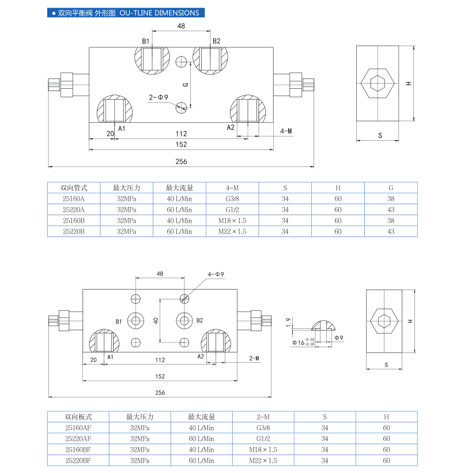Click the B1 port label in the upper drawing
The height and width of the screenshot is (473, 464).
tap(146, 41)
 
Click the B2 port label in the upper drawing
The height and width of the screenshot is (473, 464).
tap(216, 41)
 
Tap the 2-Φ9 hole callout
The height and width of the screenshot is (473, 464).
tap(158, 97)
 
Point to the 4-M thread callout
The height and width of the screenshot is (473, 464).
tap(286, 132)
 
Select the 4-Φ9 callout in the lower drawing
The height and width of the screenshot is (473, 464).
tap(217, 274)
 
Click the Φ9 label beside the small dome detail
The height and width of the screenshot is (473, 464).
tap(338, 337)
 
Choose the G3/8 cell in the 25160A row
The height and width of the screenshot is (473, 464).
tap(232, 198)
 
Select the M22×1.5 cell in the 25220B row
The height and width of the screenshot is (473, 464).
tap(232, 231)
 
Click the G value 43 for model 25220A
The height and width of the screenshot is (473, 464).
tap(391, 209)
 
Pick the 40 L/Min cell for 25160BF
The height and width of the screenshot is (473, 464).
tap(201, 449)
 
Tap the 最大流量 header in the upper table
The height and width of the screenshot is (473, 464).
tap(179, 187)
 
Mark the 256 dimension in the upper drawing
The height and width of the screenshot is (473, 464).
tap(181, 162)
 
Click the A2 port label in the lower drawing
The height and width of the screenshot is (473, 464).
tap(201, 357)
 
